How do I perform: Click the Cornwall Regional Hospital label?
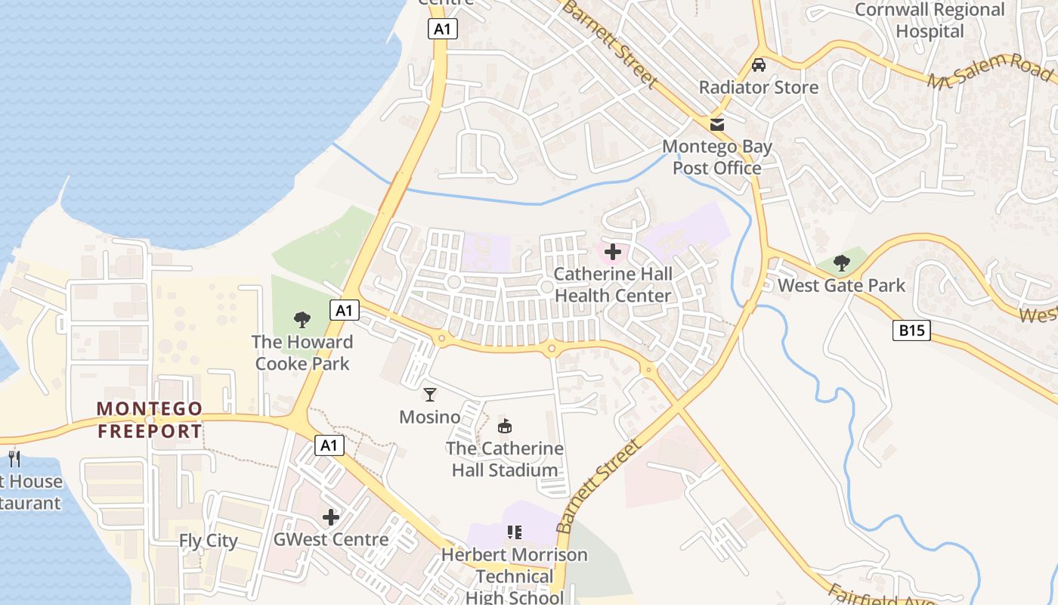pyautogui.click(x=930, y=20)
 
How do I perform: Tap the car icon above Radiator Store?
pyautogui.click(x=759, y=65)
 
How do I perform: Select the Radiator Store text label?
pyautogui.click(x=759, y=87)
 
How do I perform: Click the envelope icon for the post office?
pyautogui.click(x=716, y=124)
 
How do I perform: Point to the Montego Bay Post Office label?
pyautogui.click(x=716, y=157)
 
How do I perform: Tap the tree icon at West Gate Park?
pyautogui.click(x=841, y=263)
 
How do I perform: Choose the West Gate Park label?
pyautogui.click(x=841, y=285)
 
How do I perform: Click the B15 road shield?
pyautogui.click(x=911, y=330)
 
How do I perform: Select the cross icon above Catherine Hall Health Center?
pyautogui.click(x=613, y=252)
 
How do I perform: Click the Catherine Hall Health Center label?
pyautogui.click(x=613, y=284)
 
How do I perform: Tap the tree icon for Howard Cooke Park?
pyautogui.click(x=302, y=320)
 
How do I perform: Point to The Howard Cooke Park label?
pyautogui.click(x=302, y=352)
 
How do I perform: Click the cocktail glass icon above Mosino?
pyautogui.click(x=430, y=395)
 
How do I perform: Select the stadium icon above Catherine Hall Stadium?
pyautogui.click(x=504, y=427)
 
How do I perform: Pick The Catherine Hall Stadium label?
pyautogui.click(x=504, y=459)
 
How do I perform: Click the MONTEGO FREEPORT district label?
pyautogui.click(x=150, y=420)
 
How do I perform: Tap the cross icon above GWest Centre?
pyautogui.click(x=330, y=517)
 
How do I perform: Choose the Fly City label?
pyautogui.click(x=208, y=541)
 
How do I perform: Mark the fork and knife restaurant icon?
pyautogui.click(x=14, y=458)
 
